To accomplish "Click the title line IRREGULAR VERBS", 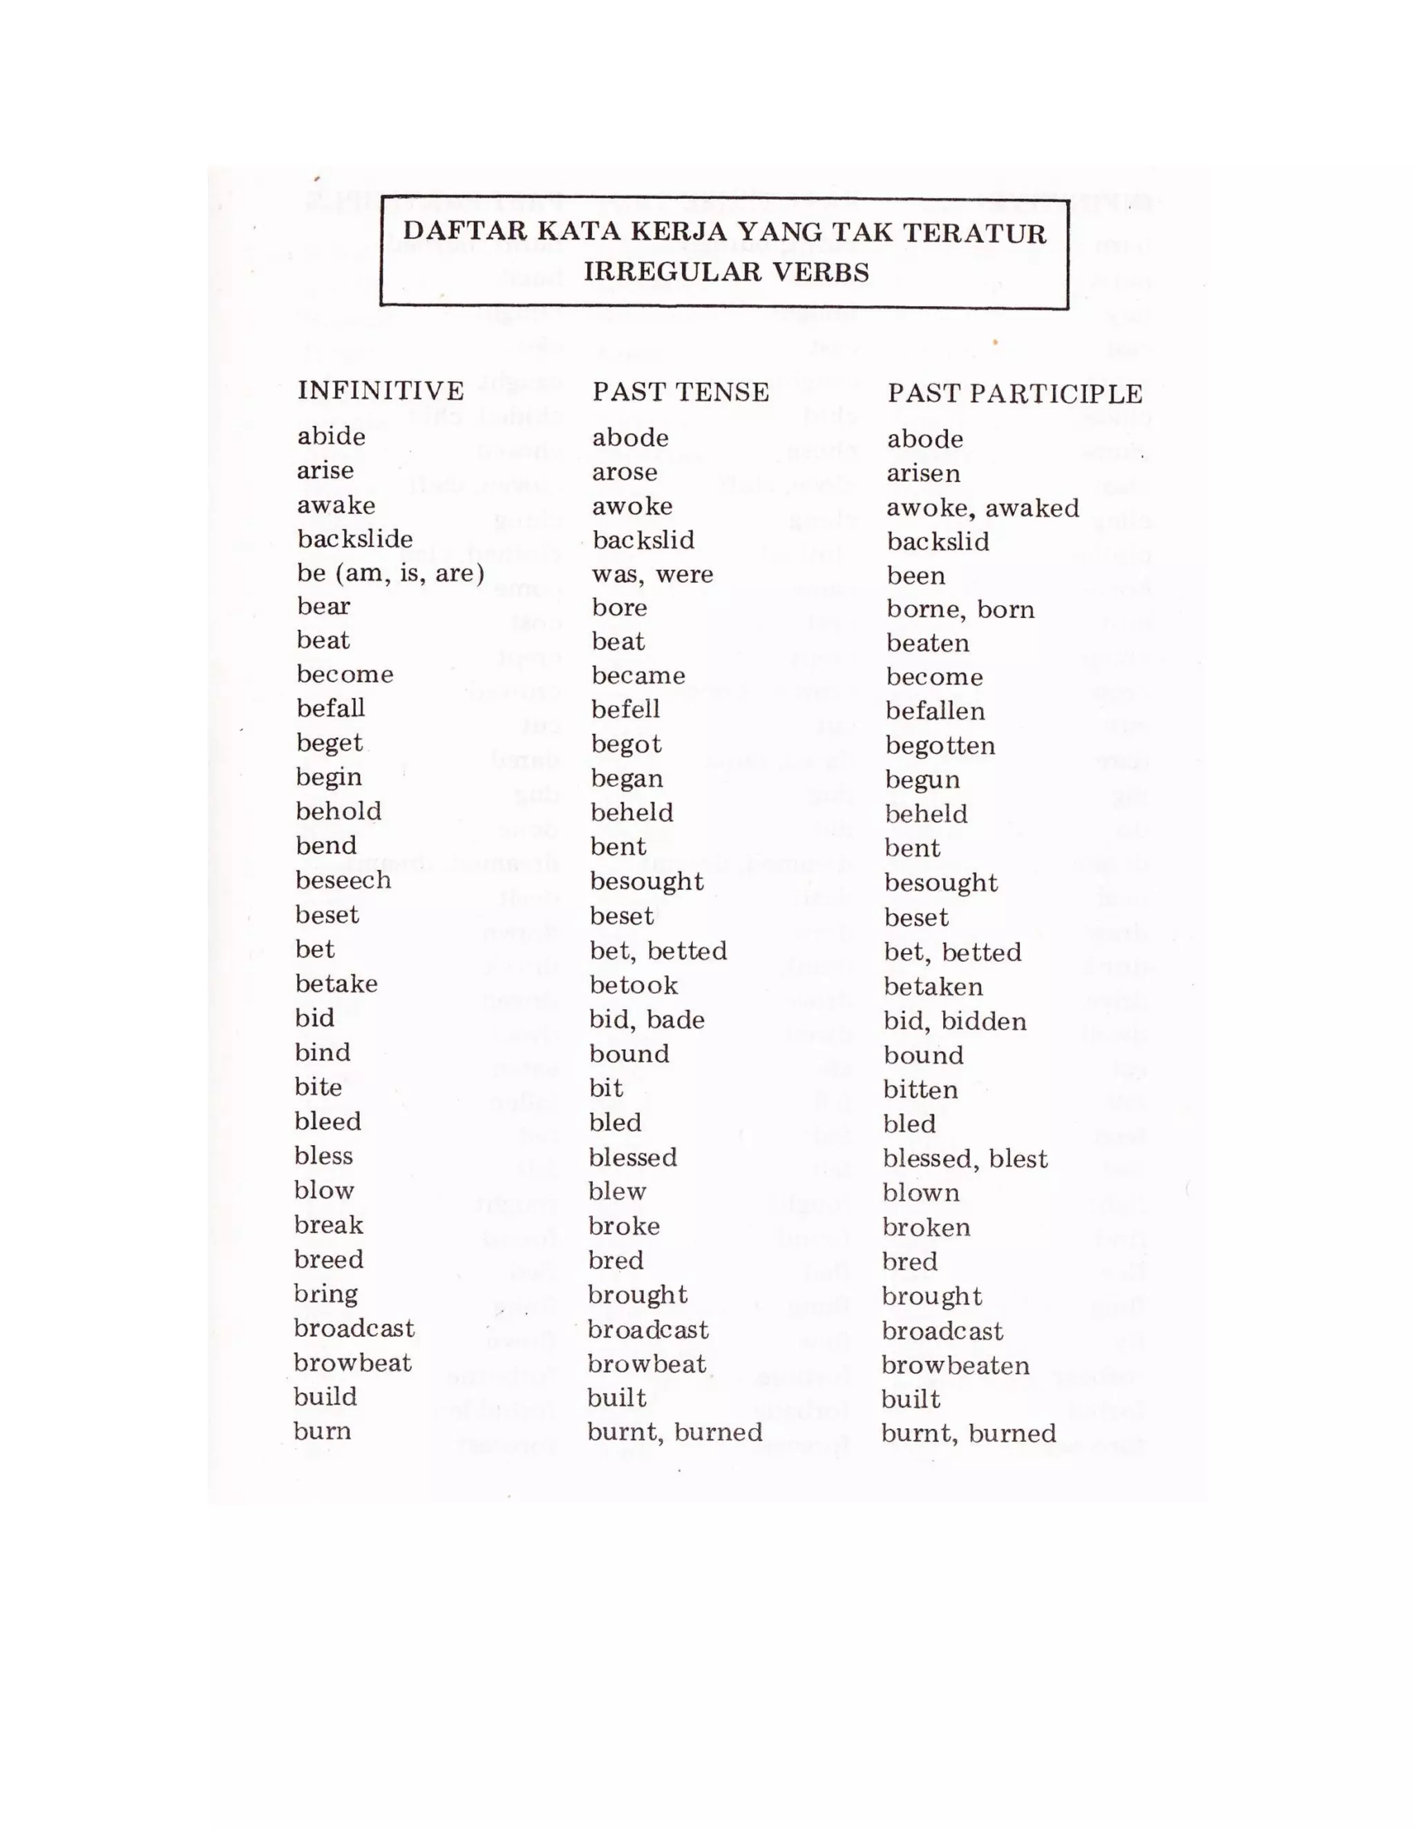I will (726, 271).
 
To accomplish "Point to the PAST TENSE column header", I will (680, 392).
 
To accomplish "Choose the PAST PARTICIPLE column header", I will (1014, 394).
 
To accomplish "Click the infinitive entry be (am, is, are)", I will (390, 573).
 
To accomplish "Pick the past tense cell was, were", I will (652, 575).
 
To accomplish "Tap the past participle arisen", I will (923, 474).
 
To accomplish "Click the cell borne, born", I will (960, 609).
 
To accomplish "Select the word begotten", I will (940, 746).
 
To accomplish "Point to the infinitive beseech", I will (343, 880).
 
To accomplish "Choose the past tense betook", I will (633, 985).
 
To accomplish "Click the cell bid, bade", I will (646, 1020).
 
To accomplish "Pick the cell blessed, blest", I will (964, 1158).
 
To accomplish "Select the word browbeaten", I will (955, 1365).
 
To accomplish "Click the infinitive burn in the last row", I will (322, 1430).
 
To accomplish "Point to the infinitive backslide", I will (354, 539).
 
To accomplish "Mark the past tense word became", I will (638, 675).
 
